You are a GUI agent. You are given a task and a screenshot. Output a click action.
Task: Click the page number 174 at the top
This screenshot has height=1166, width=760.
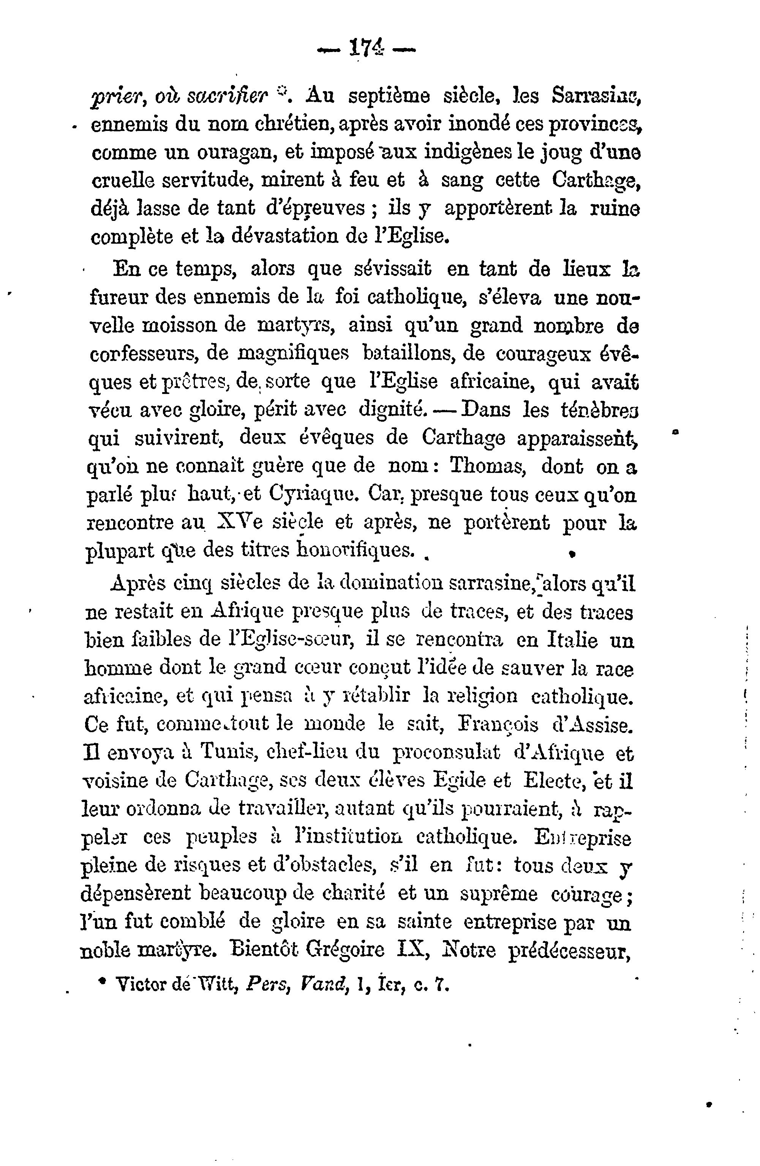366,49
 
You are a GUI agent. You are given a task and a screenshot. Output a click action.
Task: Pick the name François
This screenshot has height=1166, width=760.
497,725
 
